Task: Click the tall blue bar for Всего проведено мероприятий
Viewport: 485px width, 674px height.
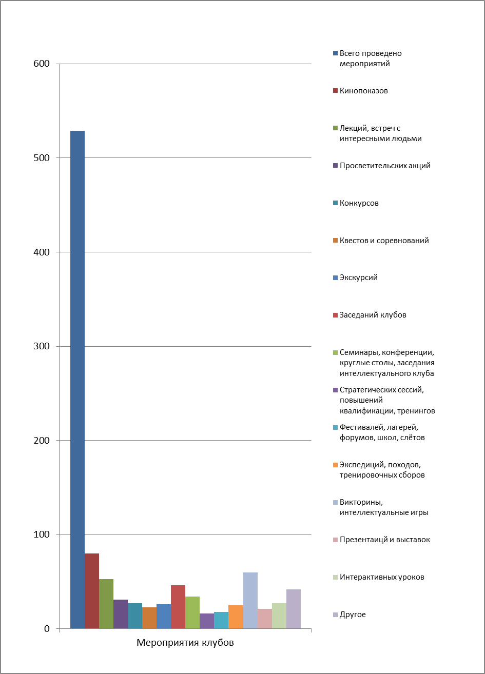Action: pos(77,380)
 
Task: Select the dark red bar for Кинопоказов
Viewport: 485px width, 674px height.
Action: pos(92,591)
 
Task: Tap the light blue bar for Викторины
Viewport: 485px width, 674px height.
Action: pos(250,600)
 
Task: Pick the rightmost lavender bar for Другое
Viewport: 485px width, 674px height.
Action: pos(294,609)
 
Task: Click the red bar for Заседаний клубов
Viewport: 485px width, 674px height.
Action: pos(178,607)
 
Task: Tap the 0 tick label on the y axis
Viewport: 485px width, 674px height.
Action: pos(47,629)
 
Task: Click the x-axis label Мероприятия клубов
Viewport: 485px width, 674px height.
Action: pos(185,643)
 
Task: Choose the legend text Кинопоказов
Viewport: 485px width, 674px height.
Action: pos(364,91)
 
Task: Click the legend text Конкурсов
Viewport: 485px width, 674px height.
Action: pos(359,203)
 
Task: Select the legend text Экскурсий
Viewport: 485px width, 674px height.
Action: pos(359,277)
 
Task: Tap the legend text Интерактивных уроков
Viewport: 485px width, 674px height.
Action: pos(382,577)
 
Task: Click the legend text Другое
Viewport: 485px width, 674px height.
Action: pos(353,614)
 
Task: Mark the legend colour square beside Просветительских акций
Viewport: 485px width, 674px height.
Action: pos(335,166)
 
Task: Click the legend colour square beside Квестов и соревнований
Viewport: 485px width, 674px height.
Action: pos(335,241)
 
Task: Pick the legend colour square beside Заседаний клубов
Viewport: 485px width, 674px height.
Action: pos(335,315)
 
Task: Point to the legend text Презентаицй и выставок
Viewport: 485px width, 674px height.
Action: pos(385,540)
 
